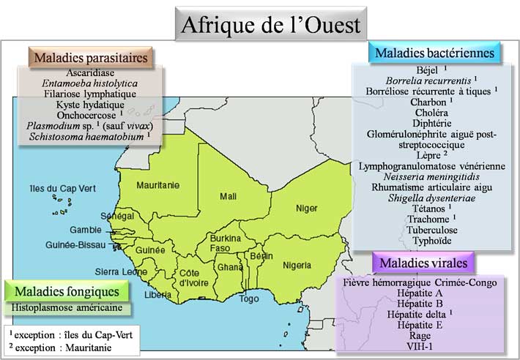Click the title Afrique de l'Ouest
[270, 25]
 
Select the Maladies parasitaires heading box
[90, 56]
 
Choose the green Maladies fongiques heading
[66, 291]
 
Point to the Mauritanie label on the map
[157, 185]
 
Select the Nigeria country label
[302, 263]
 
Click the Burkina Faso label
[225, 244]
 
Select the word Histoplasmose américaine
[67, 308]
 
